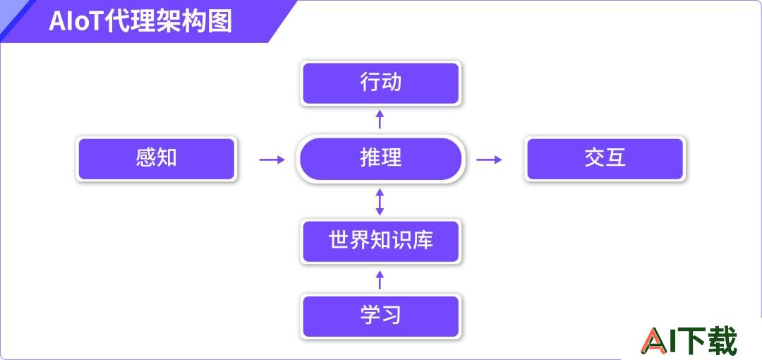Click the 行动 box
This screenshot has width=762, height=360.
380,83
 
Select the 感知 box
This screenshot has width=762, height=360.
156,159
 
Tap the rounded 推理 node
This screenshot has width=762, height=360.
380,159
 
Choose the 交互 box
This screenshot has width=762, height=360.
605,159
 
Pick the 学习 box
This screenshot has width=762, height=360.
380,316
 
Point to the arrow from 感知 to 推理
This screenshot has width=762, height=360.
272,160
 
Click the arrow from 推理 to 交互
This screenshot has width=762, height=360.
489,160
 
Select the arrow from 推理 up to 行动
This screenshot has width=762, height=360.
380,119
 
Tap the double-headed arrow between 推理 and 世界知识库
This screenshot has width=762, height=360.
380,202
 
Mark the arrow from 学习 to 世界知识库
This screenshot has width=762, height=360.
380,280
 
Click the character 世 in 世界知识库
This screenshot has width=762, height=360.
339,240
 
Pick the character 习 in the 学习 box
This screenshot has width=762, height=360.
391,315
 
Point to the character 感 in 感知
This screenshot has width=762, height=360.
145,158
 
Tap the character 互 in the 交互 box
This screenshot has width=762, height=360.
616,158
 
